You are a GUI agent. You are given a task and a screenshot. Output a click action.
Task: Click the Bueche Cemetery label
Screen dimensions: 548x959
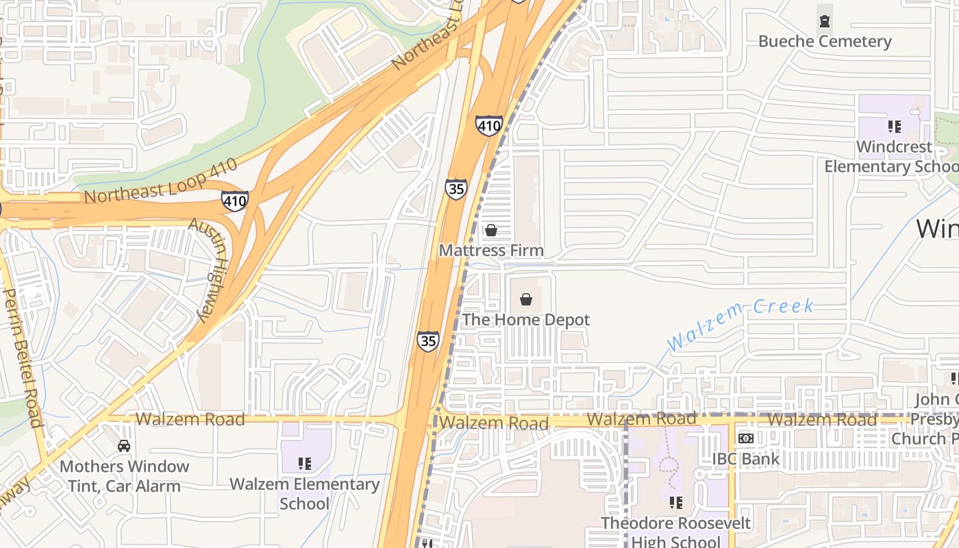(825, 42)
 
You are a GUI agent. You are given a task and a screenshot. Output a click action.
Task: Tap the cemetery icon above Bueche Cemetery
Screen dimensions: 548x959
(825, 21)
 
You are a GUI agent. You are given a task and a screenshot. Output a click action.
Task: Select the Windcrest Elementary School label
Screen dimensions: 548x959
(893, 157)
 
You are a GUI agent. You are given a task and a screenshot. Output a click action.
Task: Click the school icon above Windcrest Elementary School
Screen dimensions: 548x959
(894, 126)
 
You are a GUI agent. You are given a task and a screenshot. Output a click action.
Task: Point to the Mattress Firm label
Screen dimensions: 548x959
(491, 251)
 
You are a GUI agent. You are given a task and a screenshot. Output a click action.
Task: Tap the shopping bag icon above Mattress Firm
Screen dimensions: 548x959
(491, 230)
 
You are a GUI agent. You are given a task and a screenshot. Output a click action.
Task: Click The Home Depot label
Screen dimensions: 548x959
(525, 320)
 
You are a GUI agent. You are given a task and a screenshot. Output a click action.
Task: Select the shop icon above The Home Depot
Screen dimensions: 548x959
(526, 299)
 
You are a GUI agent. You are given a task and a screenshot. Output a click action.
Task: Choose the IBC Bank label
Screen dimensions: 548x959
(746, 459)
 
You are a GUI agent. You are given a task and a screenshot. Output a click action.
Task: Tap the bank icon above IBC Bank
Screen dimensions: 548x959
(746, 438)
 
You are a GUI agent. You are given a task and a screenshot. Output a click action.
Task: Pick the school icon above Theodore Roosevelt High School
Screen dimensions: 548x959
(676, 503)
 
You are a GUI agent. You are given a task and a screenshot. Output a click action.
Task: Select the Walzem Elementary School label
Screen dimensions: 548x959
(305, 494)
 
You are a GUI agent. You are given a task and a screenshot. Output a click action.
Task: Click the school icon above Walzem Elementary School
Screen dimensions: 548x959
(305, 464)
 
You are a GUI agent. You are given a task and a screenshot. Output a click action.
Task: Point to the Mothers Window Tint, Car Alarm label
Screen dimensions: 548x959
(124, 476)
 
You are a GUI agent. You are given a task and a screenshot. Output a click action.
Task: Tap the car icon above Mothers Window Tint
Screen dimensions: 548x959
(124, 446)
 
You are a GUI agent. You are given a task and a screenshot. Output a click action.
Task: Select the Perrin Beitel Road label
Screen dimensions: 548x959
(24, 356)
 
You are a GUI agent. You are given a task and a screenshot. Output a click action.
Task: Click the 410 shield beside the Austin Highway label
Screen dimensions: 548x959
(234, 201)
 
